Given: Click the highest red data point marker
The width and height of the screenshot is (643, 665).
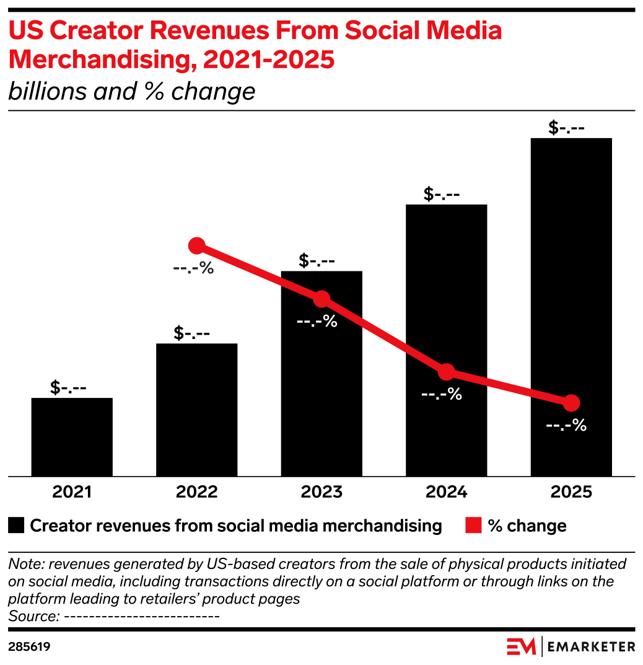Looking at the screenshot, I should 196,245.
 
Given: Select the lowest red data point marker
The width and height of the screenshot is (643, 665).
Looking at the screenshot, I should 571,403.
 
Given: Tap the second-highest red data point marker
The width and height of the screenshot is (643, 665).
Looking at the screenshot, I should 321,299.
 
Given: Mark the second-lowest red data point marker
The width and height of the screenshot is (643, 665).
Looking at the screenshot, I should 446,372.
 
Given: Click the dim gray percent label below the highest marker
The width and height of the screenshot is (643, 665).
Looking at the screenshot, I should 193,269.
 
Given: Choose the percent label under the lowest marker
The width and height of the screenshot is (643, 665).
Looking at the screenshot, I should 566,426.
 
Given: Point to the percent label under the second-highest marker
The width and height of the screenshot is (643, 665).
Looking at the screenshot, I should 317,322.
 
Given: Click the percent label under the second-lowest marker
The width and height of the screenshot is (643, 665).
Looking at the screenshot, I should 441,394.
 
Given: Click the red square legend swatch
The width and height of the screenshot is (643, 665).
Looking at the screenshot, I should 473,525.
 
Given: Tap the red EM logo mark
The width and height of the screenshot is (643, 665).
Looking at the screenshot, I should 521,646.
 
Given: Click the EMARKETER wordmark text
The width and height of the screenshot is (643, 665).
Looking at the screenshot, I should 592,646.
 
